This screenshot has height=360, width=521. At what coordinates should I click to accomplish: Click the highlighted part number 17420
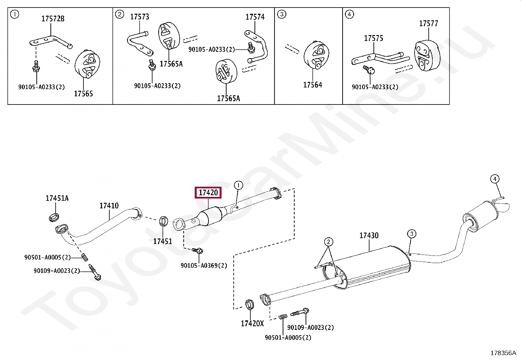[208, 193]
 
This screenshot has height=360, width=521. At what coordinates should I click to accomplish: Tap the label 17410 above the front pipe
[109, 206]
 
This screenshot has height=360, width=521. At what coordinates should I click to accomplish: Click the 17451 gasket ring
[163, 222]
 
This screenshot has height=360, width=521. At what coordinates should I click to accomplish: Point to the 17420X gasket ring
[250, 304]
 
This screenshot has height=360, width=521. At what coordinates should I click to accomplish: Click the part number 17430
[369, 236]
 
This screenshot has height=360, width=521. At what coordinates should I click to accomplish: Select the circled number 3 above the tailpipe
[412, 234]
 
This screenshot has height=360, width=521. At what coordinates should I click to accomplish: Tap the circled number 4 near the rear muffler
[495, 179]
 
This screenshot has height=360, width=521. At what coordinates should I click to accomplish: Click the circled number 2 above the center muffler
[329, 242]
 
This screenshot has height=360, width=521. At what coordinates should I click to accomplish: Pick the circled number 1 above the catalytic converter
[238, 185]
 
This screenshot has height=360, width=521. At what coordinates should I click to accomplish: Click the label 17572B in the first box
[53, 19]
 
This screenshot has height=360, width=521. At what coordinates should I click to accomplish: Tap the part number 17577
[428, 23]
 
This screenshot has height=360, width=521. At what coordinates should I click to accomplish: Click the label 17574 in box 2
[255, 17]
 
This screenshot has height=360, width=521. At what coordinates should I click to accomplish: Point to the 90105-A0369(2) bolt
[198, 251]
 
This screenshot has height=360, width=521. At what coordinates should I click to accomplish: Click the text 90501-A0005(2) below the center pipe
[288, 337]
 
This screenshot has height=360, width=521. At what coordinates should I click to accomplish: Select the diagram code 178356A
[503, 353]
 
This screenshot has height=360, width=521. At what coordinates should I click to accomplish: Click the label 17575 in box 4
[373, 38]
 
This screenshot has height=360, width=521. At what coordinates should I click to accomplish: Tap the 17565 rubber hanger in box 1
[87, 64]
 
